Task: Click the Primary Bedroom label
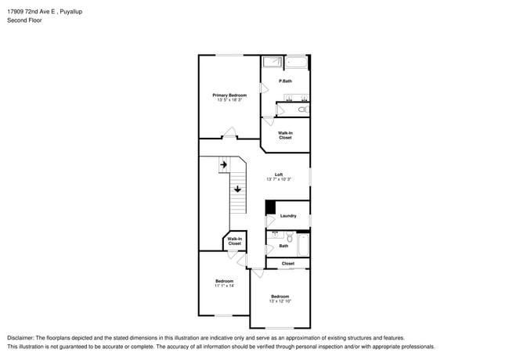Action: click(229, 95)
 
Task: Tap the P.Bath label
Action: click(285, 81)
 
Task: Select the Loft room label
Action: click(279, 175)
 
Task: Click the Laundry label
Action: click(288, 216)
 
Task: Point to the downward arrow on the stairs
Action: click(237, 189)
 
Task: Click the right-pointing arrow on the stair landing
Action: click(224, 165)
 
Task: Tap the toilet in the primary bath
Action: click(304, 110)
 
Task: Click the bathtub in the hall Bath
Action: click(303, 245)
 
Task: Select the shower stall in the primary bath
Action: click(272, 62)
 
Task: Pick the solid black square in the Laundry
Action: click(271, 207)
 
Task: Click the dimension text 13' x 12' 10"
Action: click(280, 301)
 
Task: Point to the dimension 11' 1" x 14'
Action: click(224, 286)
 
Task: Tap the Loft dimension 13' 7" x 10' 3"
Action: click(279, 179)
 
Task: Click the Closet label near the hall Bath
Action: click(288, 264)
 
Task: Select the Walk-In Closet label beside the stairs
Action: click(234, 241)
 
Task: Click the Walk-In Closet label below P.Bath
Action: click(285, 135)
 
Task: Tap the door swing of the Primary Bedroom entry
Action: click(229, 132)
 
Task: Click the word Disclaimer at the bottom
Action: click(20, 338)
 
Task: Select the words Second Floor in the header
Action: click(25, 20)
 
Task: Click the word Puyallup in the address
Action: click(71, 12)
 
